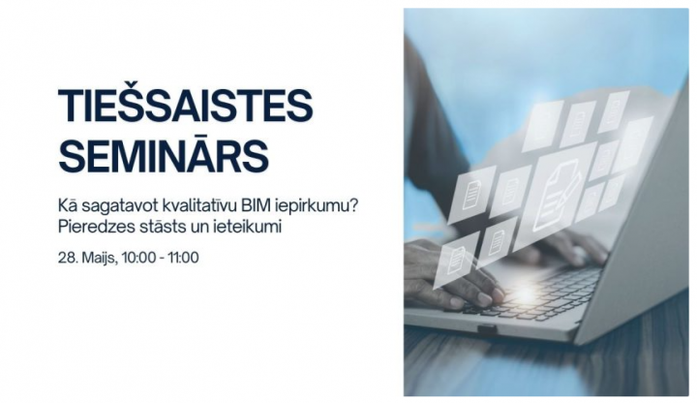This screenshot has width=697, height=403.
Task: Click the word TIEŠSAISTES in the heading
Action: coord(185,105)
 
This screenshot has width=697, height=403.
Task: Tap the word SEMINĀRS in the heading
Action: coord(164,156)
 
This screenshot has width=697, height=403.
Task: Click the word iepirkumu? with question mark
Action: coord(317,207)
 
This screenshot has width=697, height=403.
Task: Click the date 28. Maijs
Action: coord(87,258)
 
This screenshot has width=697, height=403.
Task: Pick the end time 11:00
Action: coord(183,257)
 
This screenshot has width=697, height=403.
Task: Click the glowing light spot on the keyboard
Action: coord(525,294)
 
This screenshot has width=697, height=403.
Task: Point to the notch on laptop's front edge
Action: coord(487,329)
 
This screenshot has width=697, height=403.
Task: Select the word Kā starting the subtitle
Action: coord(68,206)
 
